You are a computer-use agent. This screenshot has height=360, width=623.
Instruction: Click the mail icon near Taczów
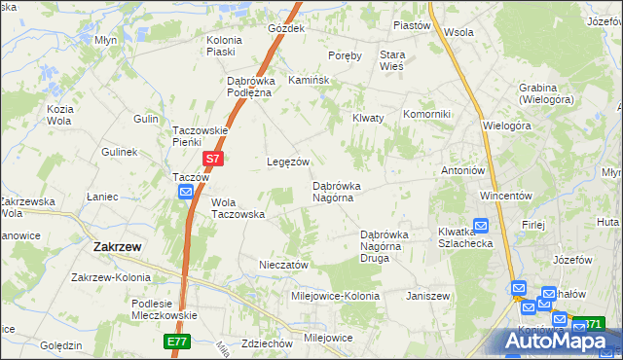(186, 194)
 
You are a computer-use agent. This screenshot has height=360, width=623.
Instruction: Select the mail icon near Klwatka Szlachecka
(480, 225)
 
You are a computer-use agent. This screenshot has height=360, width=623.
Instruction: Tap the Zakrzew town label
(118, 247)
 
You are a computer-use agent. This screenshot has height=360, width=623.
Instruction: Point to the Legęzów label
(289, 162)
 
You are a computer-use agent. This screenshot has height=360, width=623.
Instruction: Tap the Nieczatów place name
(284, 265)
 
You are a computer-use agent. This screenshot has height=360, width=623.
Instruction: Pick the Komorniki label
(426, 114)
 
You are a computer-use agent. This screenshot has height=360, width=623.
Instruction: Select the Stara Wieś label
(392, 60)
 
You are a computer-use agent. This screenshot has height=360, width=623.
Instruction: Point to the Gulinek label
(119, 153)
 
